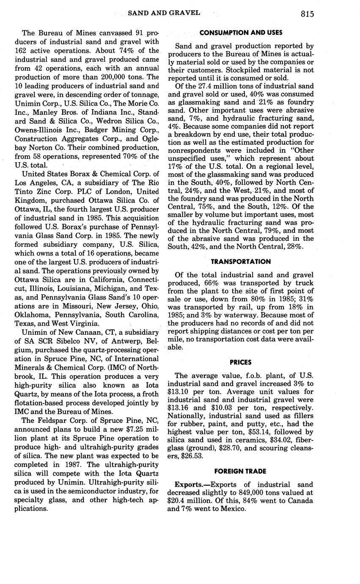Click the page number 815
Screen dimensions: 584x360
click(x=308, y=14)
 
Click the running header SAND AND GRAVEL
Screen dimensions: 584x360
click(x=164, y=13)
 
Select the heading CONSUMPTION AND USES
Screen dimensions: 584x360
click(x=241, y=33)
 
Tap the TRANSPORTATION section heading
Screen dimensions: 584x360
click(x=241, y=262)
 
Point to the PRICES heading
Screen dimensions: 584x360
click(x=241, y=362)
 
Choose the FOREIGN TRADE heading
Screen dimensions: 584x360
click(x=241, y=471)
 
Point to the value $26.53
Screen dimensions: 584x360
click(x=193, y=456)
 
